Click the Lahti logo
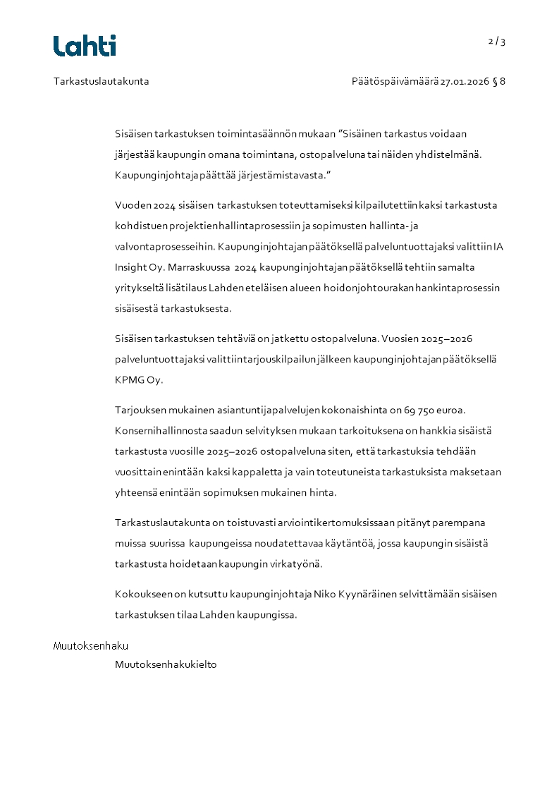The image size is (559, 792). (x=85, y=46)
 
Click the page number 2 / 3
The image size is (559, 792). (x=497, y=42)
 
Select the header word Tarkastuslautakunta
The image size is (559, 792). (x=101, y=81)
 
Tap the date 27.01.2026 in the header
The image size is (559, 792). (x=465, y=81)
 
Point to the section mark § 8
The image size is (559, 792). (x=499, y=81)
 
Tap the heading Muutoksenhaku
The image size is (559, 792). (x=91, y=646)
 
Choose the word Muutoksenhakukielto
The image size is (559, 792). (x=166, y=664)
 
